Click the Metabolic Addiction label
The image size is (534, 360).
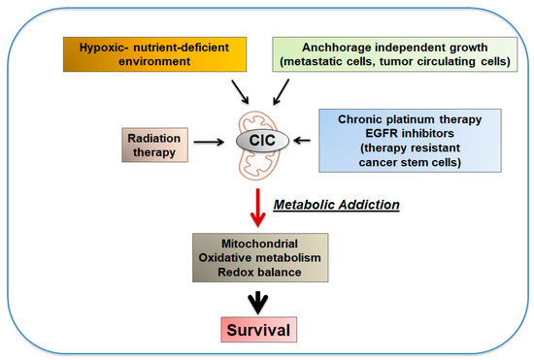[x=334, y=206]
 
